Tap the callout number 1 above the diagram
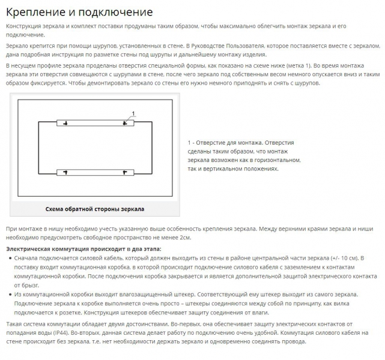133,112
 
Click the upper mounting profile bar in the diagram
95,123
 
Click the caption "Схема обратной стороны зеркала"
95,209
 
